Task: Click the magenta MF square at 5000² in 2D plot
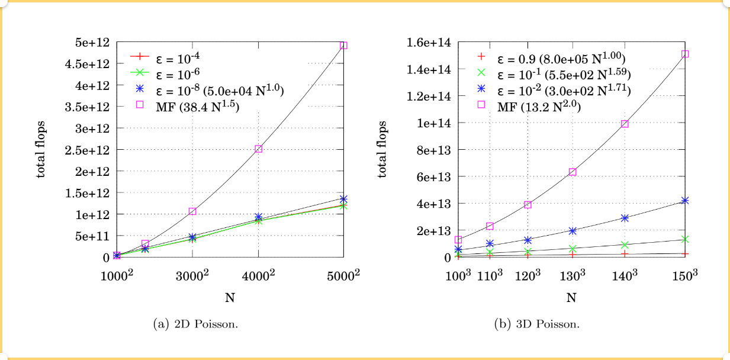(x=343, y=46)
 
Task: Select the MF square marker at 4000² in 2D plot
(x=258, y=149)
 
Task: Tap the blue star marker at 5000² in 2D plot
(x=343, y=199)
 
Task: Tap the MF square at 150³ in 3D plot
(x=685, y=54)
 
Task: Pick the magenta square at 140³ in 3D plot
(x=625, y=124)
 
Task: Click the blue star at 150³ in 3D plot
(x=685, y=201)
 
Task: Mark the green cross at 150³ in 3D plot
(x=685, y=239)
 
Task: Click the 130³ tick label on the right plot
(x=573, y=276)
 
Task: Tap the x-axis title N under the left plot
(x=230, y=298)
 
